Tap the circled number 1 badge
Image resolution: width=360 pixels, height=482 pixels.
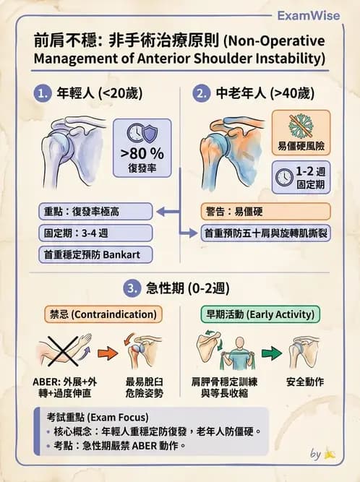[43, 92]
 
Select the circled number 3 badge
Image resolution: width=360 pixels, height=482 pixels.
[132, 288]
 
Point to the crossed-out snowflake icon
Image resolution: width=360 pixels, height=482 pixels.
[301, 125]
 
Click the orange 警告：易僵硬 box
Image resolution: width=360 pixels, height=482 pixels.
[265, 211]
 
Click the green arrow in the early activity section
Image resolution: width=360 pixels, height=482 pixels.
[271, 353]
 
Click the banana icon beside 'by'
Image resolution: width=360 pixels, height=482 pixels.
[329, 455]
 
